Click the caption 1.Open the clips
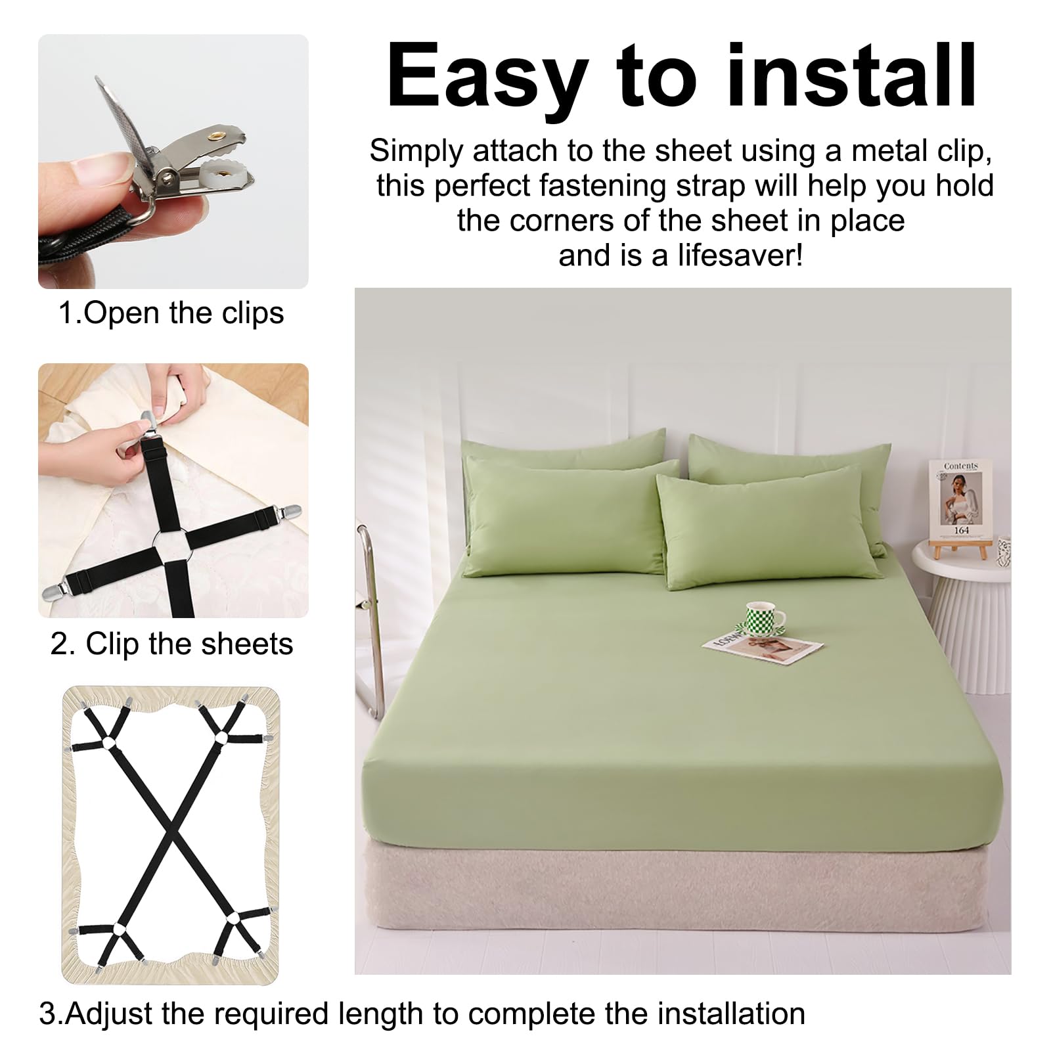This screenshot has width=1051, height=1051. tap(171, 313)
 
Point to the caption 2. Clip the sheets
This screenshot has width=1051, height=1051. tap(172, 644)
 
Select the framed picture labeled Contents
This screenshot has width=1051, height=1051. tap(960, 499)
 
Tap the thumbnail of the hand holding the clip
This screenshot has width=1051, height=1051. tap(173, 162)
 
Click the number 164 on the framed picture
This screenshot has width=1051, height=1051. tap(962, 529)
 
